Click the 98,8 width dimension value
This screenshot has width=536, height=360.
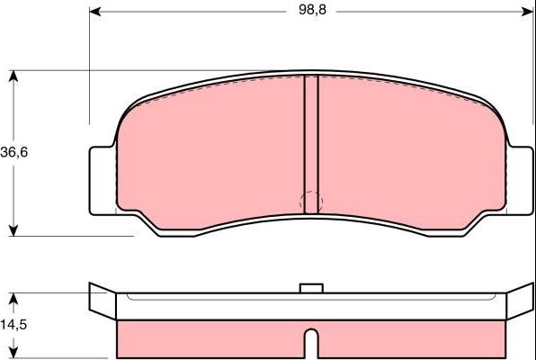[312, 10]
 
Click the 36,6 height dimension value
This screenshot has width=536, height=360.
[14, 152]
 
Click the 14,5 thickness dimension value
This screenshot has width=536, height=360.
[13, 324]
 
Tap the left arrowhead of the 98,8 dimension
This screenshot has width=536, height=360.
[95, 12]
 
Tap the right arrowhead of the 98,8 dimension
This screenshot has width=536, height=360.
[527, 12]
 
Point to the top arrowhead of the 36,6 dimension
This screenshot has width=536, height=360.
[13, 76]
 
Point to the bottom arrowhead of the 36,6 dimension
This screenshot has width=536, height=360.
[13, 230]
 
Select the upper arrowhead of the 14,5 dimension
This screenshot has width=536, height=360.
[13, 299]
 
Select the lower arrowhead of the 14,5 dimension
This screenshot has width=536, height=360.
[13, 353]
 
